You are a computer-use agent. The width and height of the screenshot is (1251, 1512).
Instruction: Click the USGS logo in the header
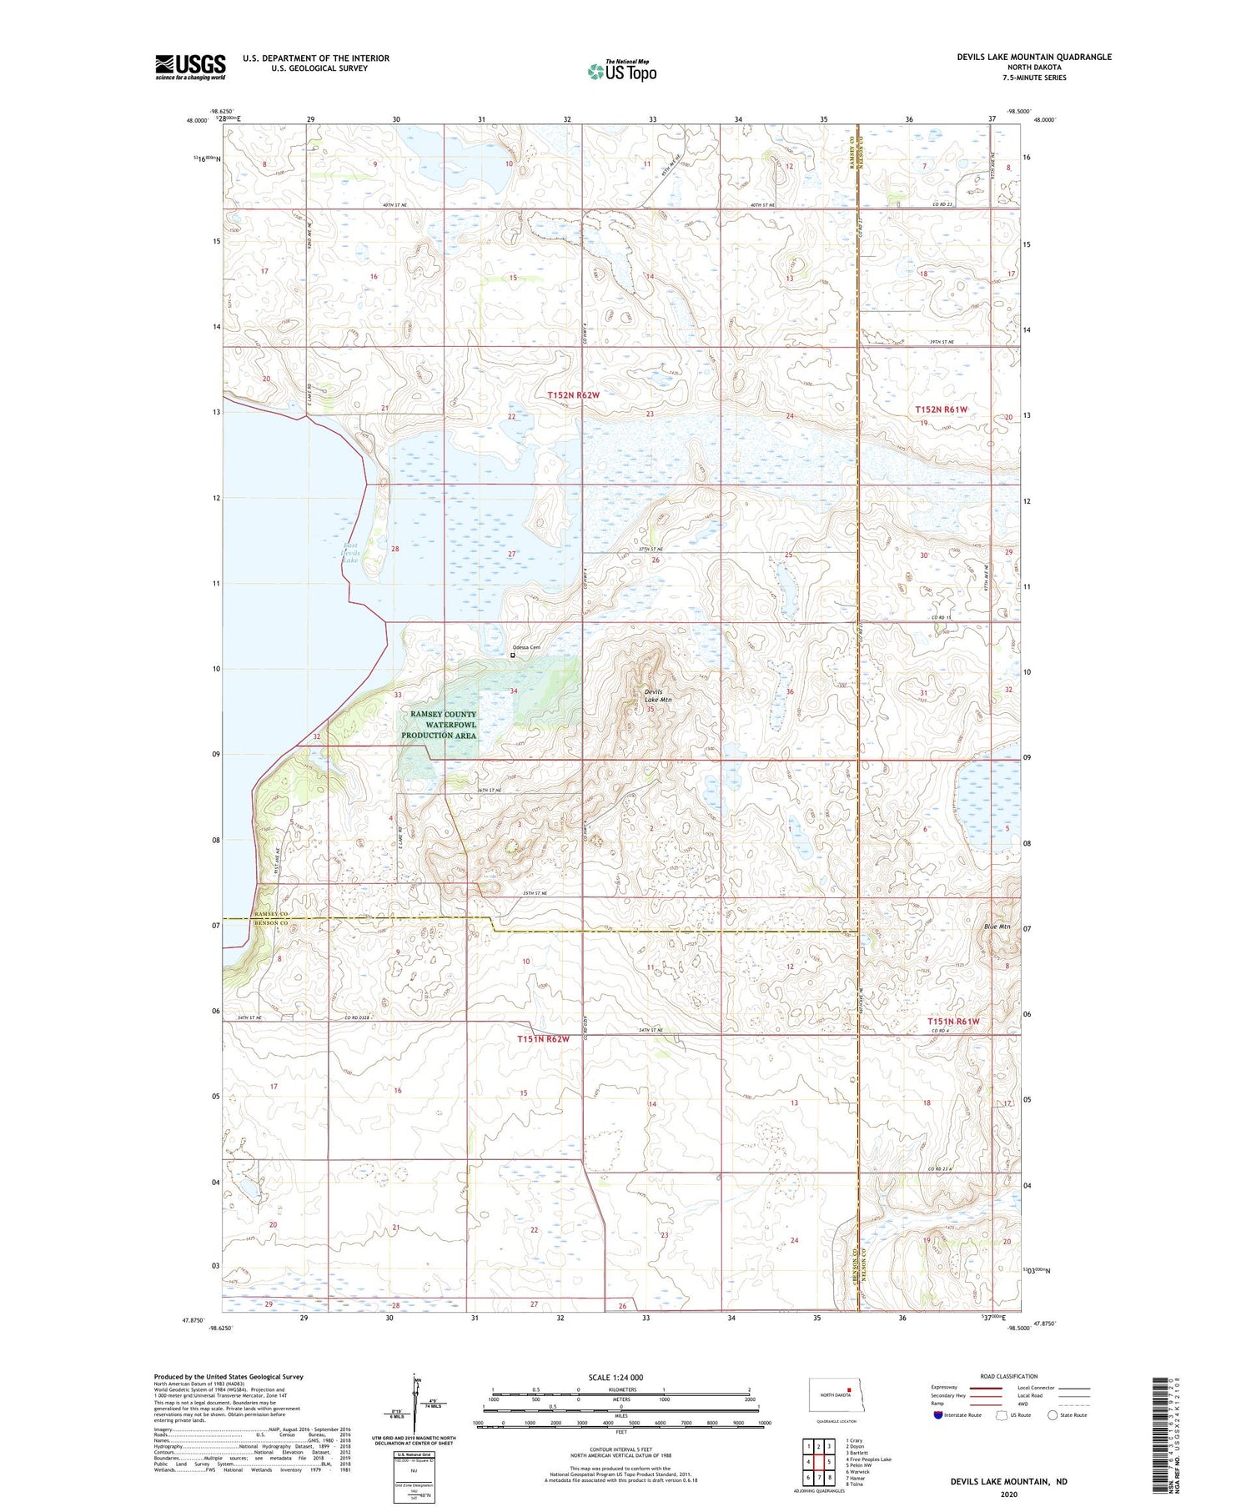(190, 67)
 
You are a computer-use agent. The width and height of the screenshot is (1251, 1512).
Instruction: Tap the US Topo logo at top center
(621, 71)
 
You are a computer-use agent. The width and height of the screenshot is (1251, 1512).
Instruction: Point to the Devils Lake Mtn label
(657, 696)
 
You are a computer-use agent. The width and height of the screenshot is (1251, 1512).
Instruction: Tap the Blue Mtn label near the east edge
(997, 927)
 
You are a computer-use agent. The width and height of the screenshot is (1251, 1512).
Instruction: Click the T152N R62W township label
(573, 395)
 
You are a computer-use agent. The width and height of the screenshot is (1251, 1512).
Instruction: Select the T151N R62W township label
(543, 1039)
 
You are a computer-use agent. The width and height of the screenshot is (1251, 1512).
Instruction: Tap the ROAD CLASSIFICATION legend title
(1009, 1376)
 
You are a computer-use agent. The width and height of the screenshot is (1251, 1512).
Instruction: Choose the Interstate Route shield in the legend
(938, 1415)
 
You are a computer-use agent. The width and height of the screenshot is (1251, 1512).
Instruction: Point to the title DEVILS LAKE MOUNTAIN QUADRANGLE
(1034, 57)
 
